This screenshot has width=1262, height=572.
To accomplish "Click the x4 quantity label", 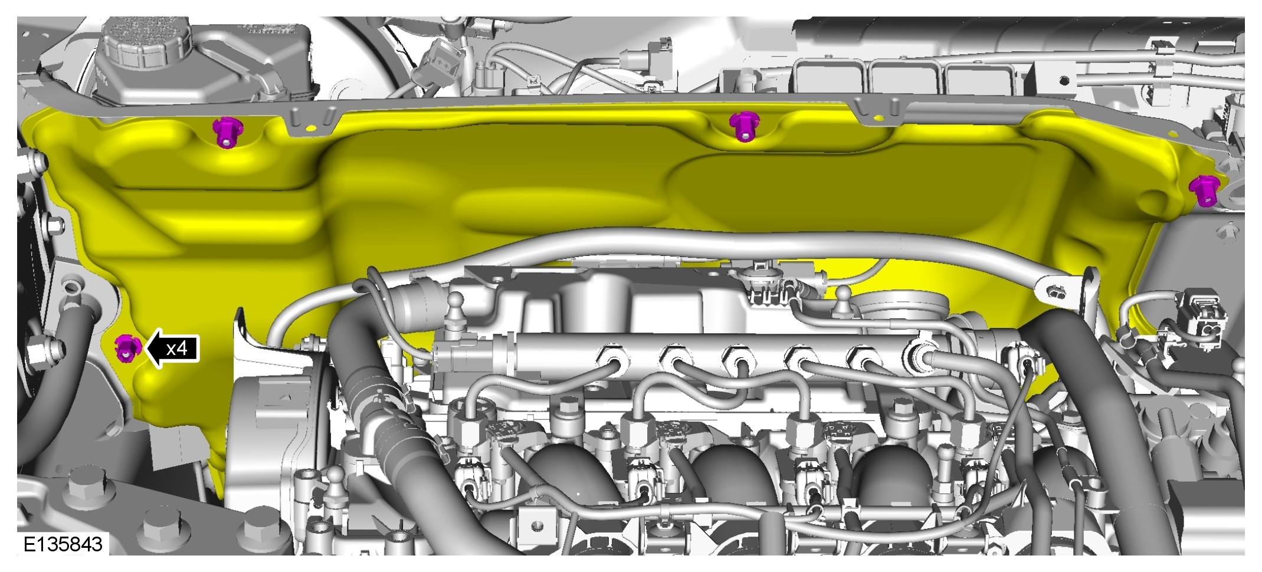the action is point(176,349).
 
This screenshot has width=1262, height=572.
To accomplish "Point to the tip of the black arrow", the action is point(145,349).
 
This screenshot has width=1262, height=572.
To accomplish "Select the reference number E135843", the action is point(63,544).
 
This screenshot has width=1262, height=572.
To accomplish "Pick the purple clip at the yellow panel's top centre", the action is point(744,126).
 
